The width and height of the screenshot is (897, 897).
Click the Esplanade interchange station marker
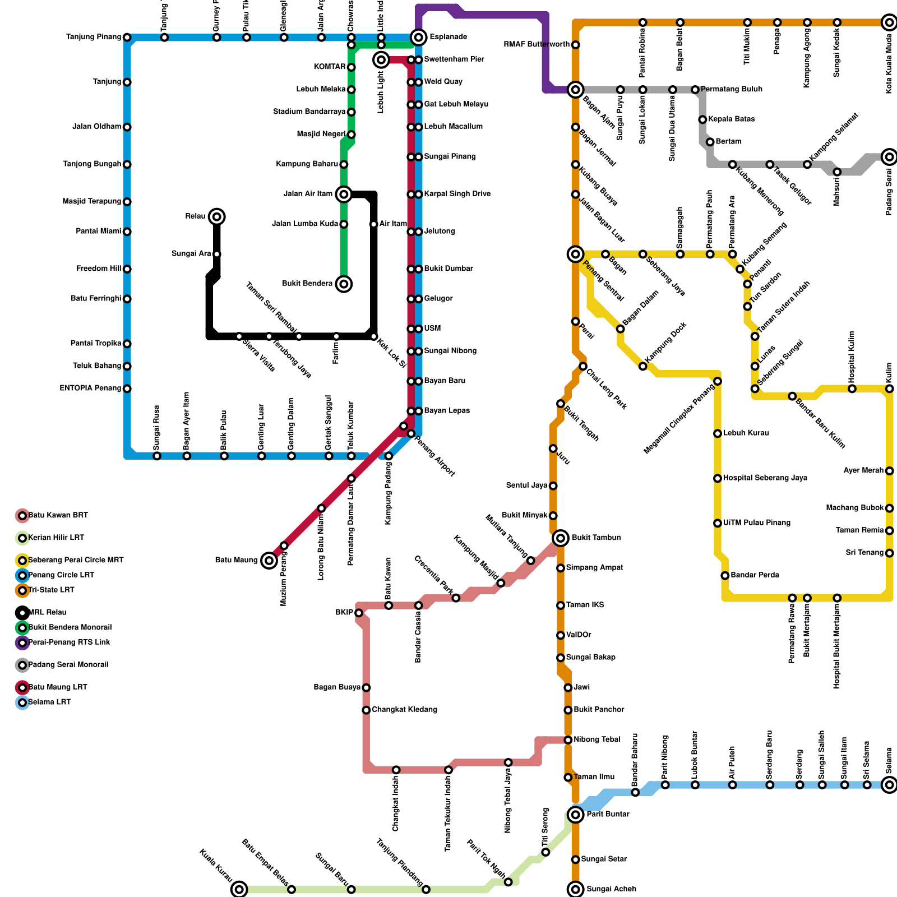(x=418, y=38)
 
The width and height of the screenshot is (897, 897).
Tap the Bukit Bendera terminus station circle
(x=344, y=284)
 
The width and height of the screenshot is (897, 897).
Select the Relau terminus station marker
(x=217, y=216)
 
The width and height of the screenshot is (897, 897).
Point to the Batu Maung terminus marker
(x=269, y=560)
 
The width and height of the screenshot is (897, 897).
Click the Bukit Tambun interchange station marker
(x=561, y=538)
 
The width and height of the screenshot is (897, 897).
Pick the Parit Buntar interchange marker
(x=576, y=814)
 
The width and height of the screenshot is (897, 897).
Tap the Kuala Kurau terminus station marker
(x=239, y=889)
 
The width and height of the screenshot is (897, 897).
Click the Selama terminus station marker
(x=889, y=785)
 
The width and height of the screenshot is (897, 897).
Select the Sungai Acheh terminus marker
(x=576, y=889)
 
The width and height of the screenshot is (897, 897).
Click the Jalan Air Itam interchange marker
(x=344, y=195)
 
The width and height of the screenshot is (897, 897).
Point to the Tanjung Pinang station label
(x=94, y=38)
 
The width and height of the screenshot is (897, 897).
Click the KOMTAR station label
(x=330, y=67)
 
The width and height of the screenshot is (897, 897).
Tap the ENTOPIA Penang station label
(x=90, y=389)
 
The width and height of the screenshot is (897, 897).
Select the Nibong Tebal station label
(x=597, y=740)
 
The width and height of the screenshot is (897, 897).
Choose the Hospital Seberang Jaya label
(x=765, y=478)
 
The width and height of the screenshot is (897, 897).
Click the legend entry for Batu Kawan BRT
(x=58, y=515)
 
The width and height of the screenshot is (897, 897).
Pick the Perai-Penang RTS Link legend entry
(x=69, y=642)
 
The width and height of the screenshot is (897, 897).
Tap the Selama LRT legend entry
(x=49, y=702)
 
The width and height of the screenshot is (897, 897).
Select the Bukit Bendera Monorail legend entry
(x=70, y=627)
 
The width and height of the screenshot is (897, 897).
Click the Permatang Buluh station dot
(x=695, y=90)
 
